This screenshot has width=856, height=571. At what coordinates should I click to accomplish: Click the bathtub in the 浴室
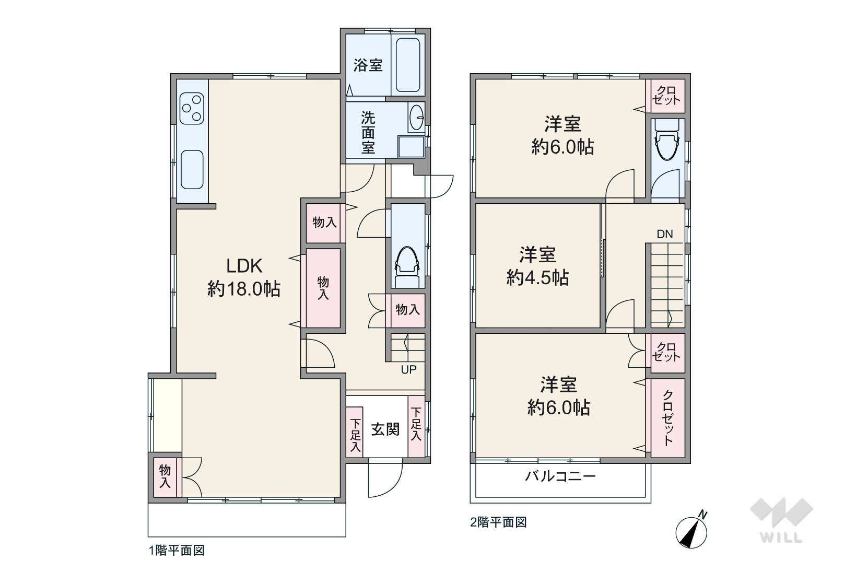pyautogui.click(x=408, y=65)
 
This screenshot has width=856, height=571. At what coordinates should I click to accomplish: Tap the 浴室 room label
pyautogui.click(x=368, y=65)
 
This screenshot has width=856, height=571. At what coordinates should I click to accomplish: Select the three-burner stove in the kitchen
pyautogui.click(x=192, y=108)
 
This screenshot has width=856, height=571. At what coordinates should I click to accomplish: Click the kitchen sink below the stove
pyautogui.click(x=192, y=169)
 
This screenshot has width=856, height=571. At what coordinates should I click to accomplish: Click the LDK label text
pyautogui.click(x=244, y=265)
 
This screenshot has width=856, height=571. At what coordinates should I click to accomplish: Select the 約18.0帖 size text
pyautogui.click(x=244, y=288)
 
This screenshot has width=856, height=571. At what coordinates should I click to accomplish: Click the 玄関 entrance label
pyautogui.click(x=385, y=429)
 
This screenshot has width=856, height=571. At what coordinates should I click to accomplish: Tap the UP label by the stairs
pyautogui.click(x=408, y=369)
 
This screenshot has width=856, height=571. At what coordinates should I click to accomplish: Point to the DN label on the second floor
pyautogui.click(x=665, y=234)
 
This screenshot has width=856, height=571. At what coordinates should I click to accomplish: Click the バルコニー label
pyautogui.click(x=560, y=476)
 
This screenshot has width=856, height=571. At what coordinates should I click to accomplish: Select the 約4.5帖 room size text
pyautogui.click(x=537, y=277)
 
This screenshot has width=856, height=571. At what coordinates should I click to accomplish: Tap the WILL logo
pyautogui.click(x=781, y=520)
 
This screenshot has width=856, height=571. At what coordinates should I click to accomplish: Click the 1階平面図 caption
pyautogui.click(x=177, y=550)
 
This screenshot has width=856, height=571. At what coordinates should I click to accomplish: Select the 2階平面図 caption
pyautogui.click(x=498, y=522)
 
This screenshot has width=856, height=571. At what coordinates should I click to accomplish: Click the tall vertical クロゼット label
pyautogui.click(x=667, y=418)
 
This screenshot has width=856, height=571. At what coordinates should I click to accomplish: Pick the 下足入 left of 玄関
pyautogui.click(x=355, y=435)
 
